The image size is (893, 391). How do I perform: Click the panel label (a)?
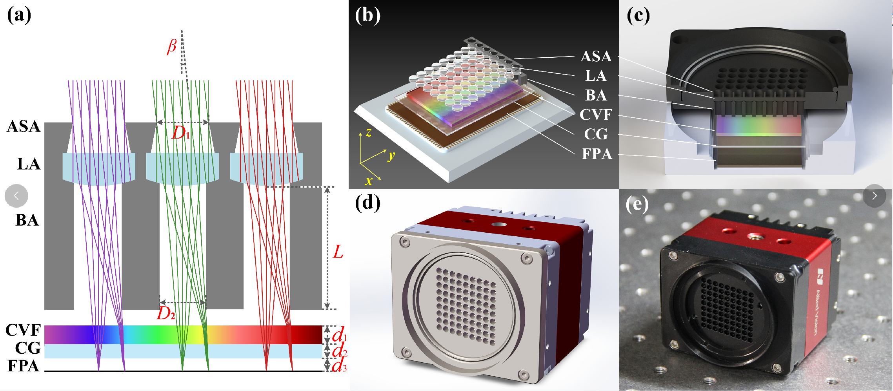(19, 16)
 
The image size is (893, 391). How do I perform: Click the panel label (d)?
(367, 203)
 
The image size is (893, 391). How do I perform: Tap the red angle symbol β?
(172, 46)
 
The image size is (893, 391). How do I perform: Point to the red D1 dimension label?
(181, 133)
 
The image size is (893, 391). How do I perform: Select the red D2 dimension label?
(166, 313)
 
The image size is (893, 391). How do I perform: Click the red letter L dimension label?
(338, 252)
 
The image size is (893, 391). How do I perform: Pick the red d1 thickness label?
(339, 335)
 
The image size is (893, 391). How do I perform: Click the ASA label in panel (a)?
(24, 126)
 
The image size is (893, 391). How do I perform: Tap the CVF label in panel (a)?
(23, 330)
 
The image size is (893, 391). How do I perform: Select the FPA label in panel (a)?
(23, 366)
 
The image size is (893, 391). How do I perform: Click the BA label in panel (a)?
(27, 220)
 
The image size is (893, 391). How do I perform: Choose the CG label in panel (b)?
(596, 134)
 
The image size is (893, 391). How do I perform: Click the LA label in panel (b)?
(596, 76)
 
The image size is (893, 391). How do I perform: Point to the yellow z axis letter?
(368, 133)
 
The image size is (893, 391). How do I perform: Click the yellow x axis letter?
(369, 181)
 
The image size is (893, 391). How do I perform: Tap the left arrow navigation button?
(16, 195)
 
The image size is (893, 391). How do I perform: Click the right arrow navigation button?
(874, 195)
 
